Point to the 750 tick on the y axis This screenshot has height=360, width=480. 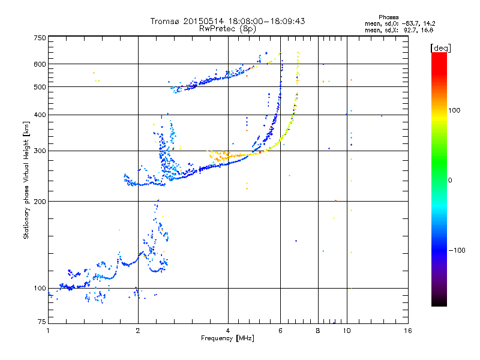(x=40, y=38)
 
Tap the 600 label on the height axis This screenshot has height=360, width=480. (x=40, y=64)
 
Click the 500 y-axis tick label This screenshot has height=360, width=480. (x=40, y=87)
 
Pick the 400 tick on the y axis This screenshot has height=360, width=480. (x=40, y=115)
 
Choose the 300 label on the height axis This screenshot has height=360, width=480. (x=40, y=151)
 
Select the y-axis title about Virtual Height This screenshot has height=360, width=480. (x=26, y=182)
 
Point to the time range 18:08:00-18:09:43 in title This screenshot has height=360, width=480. (x=267, y=21)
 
